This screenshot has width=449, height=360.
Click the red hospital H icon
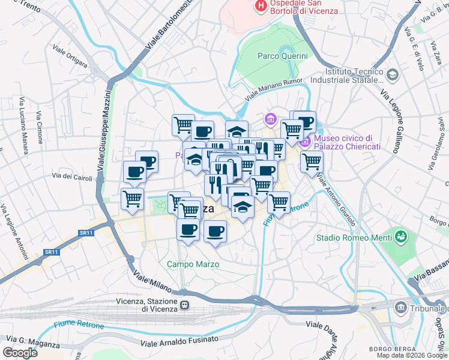tap(261, 7)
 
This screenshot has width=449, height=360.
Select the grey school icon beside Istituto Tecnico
tap(393, 75)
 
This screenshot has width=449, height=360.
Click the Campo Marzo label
tap(193, 264)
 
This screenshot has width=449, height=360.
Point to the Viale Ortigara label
tap(70, 56)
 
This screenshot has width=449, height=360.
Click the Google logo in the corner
tap(20, 353)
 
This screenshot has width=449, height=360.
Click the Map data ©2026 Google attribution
tap(411, 355)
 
